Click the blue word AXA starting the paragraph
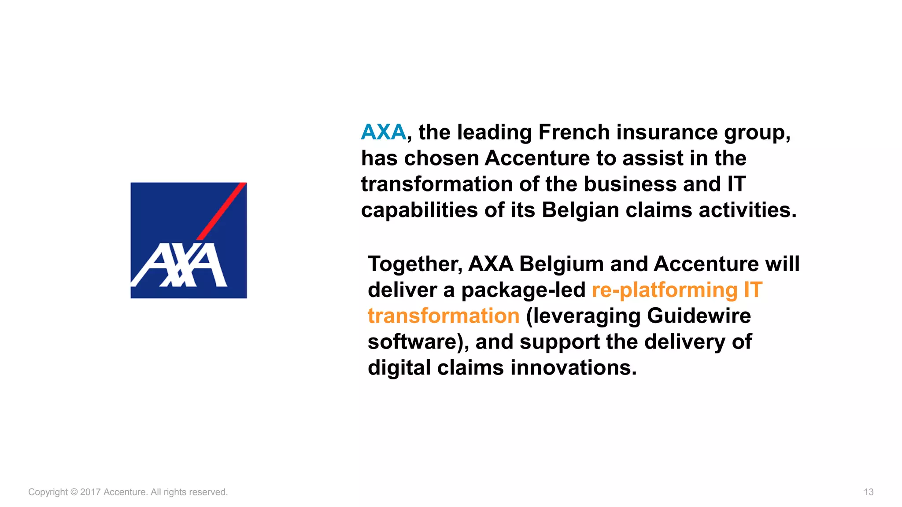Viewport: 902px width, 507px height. coord(383,132)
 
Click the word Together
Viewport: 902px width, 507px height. coord(414,264)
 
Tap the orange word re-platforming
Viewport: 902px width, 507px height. coord(665,290)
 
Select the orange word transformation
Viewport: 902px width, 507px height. coord(444,316)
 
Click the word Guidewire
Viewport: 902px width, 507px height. coord(699,316)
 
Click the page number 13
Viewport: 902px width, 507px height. coord(868,492)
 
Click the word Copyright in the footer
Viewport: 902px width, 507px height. coord(48,492)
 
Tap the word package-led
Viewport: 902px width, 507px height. coord(523,290)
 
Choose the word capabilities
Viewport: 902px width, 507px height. coord(419,210)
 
